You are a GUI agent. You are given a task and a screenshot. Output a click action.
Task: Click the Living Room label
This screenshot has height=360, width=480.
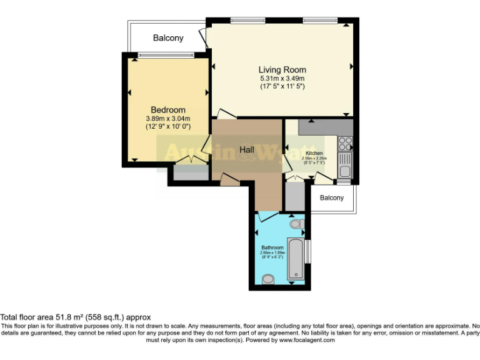282,69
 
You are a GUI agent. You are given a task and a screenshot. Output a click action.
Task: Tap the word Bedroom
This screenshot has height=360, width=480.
167,110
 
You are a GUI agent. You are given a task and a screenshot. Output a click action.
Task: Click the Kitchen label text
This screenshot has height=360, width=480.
314,153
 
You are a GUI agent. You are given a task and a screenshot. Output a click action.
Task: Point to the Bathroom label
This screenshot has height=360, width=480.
272,248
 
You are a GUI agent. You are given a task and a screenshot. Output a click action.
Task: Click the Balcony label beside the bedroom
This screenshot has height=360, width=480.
168,38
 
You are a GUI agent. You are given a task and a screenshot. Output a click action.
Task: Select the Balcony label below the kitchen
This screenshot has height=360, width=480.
332,198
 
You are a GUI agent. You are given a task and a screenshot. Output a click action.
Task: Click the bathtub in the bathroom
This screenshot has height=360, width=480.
295,257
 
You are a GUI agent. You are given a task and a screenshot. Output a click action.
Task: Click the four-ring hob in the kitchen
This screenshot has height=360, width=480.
345,144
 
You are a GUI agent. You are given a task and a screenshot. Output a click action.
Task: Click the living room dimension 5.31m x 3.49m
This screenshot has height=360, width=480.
282,79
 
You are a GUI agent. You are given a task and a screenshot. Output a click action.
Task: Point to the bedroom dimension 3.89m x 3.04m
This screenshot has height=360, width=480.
167,118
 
